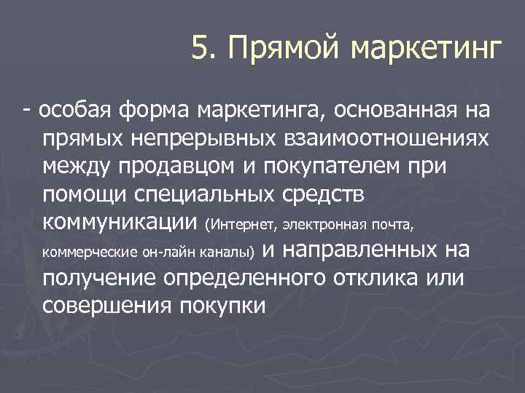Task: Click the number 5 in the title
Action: click(199, 49)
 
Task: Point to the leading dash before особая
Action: click(26, 111)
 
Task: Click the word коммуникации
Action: click(120, 221)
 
